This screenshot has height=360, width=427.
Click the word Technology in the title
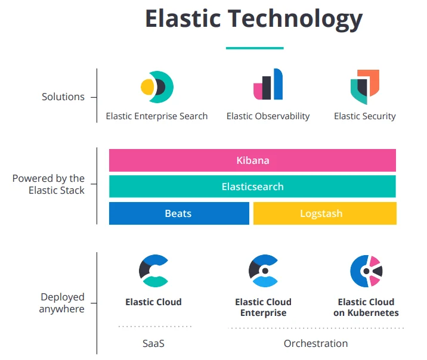[x=296, y=19]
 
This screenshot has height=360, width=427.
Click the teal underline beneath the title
[x=254, y=48]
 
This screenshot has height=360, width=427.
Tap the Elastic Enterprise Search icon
[x=157, y=87]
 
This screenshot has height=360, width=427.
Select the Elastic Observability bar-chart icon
[x=268, y=85]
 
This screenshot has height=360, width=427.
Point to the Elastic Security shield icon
[x=364, y=86]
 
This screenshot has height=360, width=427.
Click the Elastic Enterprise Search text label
[x=157, y=116]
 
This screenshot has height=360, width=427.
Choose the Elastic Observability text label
[x=268, y=116]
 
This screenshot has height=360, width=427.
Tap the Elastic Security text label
[x=364, y=116]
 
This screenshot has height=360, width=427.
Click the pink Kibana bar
[x=252, y=160]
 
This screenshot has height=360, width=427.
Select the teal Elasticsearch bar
[x=252, y=187]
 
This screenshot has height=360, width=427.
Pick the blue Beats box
[x=179, y=213]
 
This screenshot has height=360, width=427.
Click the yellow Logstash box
[x=324, y=213]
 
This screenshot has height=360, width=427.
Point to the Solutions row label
[x=63, y=97]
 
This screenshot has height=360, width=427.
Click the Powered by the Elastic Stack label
[x=49, y=184]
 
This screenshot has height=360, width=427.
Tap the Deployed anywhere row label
[x=62, y=303]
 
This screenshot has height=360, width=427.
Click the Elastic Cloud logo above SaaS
[x=154, y=271]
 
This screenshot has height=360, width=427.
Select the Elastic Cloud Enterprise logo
[x=263, y=271]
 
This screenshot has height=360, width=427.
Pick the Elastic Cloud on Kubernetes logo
[x=366, y=271]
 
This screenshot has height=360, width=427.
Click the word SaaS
[x=153, y=343]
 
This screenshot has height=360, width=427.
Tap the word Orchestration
[x=315, y=343]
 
